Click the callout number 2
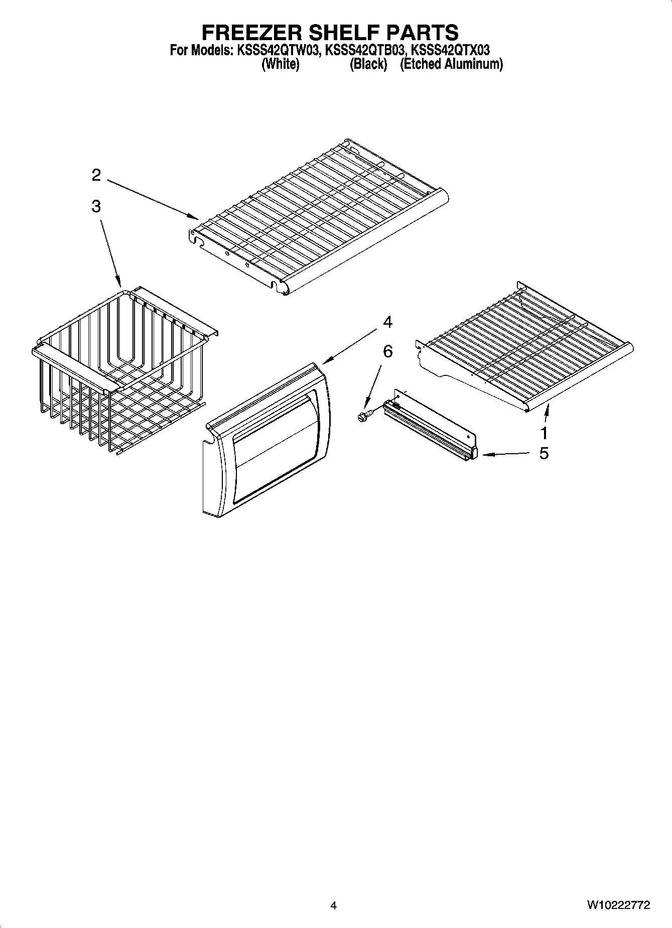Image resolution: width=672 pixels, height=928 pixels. point(96,175)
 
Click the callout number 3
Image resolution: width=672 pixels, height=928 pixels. point(96,206)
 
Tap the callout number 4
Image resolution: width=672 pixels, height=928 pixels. point(387,322)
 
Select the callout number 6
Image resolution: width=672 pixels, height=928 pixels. point(387,351)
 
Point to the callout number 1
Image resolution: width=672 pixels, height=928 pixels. point(544,433)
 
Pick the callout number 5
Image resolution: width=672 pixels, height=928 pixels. point(544,453)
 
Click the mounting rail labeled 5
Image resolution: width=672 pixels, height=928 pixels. point(432,424)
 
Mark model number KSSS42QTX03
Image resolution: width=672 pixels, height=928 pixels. point(450,50)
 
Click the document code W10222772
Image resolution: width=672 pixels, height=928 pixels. point(618,905)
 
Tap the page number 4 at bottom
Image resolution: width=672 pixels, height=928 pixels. point(334,906)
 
